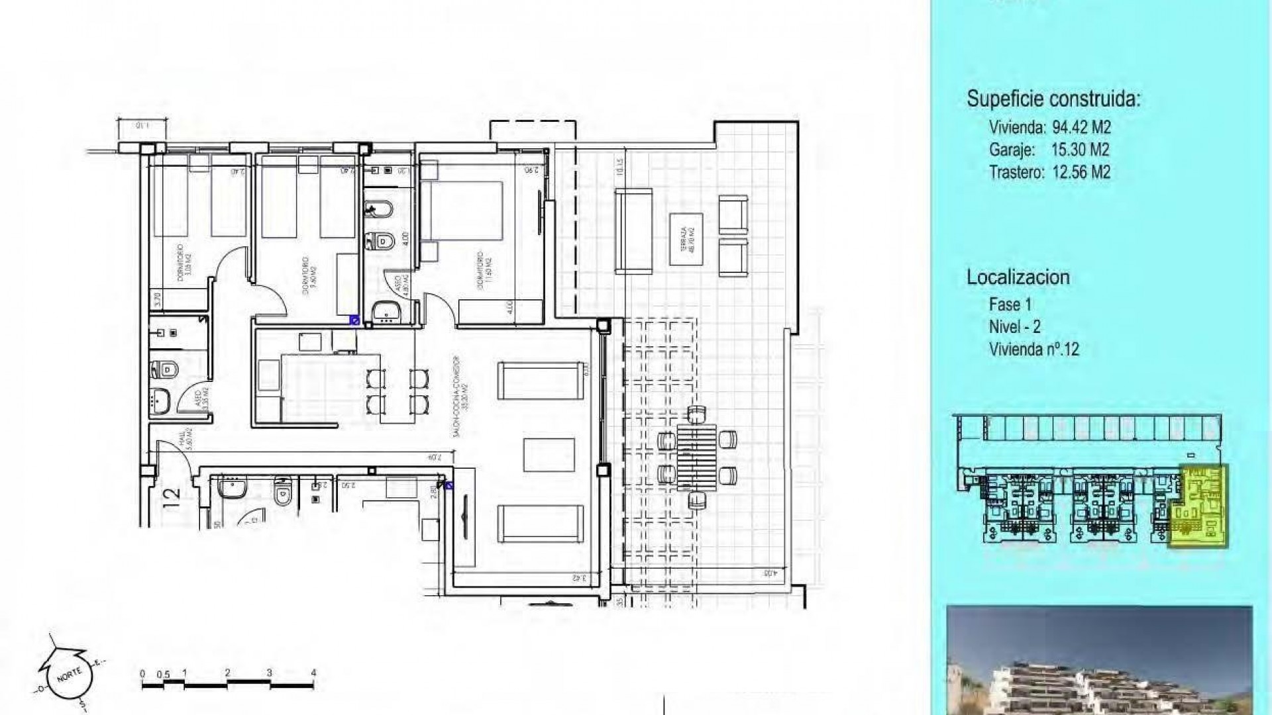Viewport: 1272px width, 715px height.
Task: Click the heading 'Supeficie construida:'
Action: tap(1053, 99)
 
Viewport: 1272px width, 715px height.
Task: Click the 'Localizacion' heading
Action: tap(1018, 277)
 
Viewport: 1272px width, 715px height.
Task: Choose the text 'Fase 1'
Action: tap(1010, 305)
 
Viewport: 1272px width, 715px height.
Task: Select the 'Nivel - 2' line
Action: tap(1014, 326)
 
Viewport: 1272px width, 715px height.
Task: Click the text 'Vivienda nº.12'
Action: tap(1033, 349)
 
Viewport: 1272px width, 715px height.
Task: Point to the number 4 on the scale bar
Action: tap(313, 673)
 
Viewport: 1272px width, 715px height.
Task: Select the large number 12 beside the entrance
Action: tap(171, 494)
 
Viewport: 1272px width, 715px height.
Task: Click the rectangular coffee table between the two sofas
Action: tap(549, 455)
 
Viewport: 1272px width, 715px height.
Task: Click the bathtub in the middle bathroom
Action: tap(379, 210)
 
